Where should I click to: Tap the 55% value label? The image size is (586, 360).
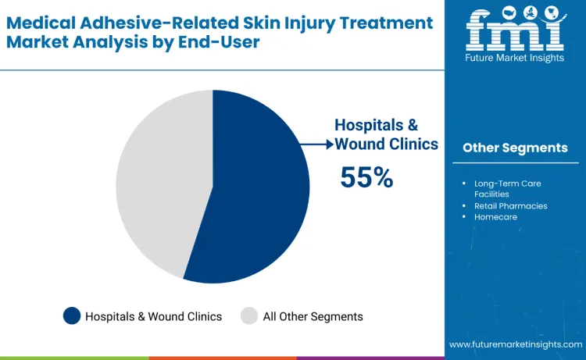pyautogui.click(x=366, y=177)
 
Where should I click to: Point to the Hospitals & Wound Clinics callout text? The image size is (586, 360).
pyautogui.click(x=386, y=134)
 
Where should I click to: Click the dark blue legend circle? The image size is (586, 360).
pyautogui.click(x=72, y=316)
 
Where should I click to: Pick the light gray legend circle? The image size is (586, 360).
pyautogui.click(x=249, y=316)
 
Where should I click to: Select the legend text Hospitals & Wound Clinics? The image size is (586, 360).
pyautogui.click(x=153, y=316)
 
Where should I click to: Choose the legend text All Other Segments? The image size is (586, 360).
pyautogui.click(x=313, y=316)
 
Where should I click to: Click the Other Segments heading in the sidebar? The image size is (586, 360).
pyautogui.click(x=515, y=148)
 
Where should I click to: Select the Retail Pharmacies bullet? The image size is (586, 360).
pyautogui.click(x=510, y=206)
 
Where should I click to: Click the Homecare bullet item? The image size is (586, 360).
pyautogui.click(x=495, y=217)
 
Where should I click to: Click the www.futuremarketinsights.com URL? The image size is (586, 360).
pyautogui.click(x=515, y=344)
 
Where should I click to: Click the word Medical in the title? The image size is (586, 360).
pyautogui.click(x=41, y=23)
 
